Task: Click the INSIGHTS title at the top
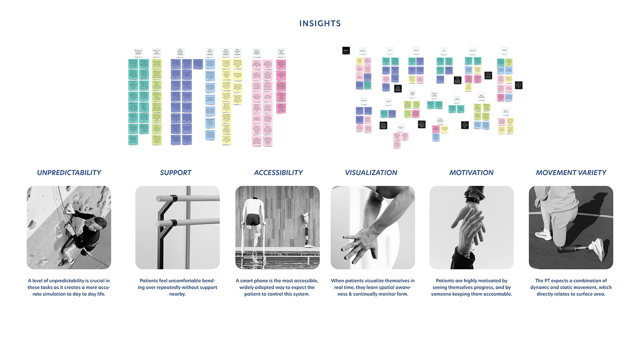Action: point(320,23)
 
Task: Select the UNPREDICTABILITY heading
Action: point(69,173)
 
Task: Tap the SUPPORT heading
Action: point(176,173)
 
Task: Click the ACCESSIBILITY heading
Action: point(278,173)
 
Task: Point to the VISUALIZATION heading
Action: point(371,173)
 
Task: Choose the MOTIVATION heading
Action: point(471,173)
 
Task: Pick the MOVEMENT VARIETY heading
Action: point(571,173)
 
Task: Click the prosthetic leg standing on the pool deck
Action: point(308,231)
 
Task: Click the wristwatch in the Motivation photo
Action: point(473,200)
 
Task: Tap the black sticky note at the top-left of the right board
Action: point(346,50)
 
